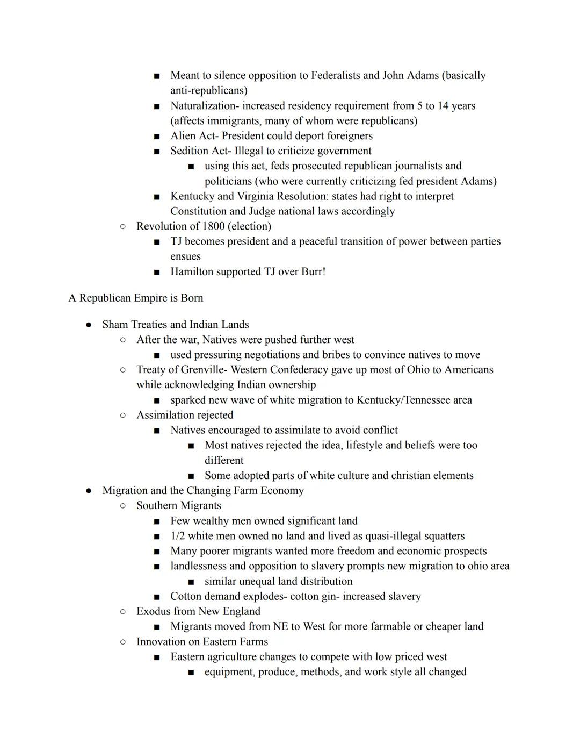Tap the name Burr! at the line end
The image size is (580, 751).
[313, 272]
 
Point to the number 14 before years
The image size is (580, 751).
[443, 106]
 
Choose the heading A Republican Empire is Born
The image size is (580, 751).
[136, 298]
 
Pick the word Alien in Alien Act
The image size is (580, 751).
[183, 136]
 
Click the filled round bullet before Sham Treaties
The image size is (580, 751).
[89, 325]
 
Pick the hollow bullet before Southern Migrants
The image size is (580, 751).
[123, 506]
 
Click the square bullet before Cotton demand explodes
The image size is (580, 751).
[157, 597]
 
